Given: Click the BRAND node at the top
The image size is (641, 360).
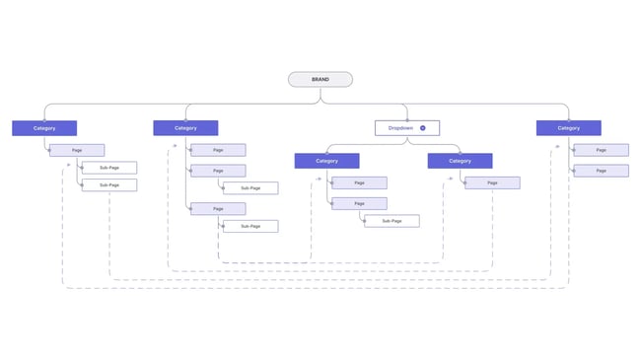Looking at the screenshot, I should point(320,80).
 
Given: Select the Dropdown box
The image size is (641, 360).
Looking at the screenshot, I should point(406,128).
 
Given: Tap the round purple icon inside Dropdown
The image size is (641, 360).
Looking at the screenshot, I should point(422,128).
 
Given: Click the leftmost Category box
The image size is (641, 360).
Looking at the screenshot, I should point(44,128).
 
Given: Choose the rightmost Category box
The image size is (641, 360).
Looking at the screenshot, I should point(568,128).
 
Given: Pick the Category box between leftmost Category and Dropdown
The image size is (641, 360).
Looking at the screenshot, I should point(185,128).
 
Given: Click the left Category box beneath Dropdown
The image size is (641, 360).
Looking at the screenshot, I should point(326,161).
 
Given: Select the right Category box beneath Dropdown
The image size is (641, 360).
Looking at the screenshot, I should point(460,161).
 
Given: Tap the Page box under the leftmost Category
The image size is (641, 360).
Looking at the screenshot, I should point(77,150).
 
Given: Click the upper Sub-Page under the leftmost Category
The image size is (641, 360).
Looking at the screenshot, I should point(108,168).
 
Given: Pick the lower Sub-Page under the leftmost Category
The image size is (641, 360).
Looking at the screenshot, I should point(108,184).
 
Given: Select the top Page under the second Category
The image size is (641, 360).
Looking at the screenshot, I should point(218,150).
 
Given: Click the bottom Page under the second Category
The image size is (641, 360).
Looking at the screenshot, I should point(218,209).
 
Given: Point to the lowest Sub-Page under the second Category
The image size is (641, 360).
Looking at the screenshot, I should point(249,226).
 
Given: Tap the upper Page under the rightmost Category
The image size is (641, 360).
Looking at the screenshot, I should point(601,150).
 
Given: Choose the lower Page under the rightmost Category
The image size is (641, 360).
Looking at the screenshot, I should point(601,171).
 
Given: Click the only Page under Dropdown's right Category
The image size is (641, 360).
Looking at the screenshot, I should point(492,182).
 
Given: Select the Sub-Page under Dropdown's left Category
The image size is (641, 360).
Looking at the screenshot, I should point(392,221).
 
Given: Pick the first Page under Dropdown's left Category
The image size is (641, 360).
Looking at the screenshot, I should point(359,182).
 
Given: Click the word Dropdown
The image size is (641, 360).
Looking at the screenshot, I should point(400,128).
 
